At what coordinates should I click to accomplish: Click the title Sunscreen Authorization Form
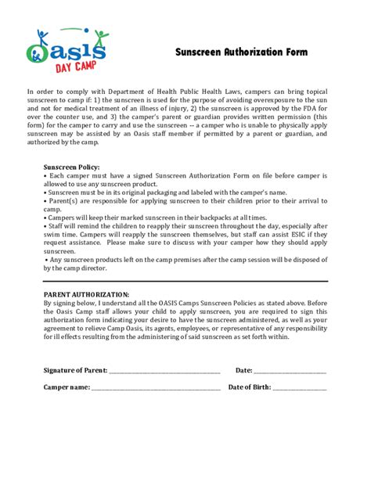point(240,52)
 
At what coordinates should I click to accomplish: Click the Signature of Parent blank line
point(164,370)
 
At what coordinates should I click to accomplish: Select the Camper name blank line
point(156,387)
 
